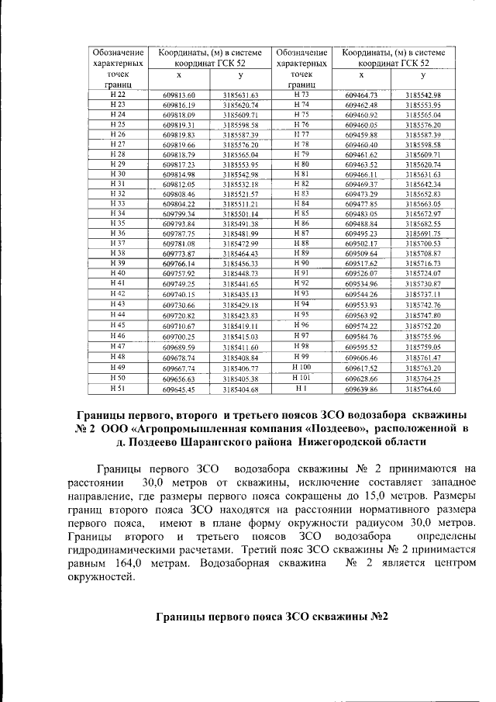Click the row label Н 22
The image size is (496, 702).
point(119,95)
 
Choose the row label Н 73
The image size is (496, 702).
point(301,95)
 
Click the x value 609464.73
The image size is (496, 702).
point(360,95)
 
